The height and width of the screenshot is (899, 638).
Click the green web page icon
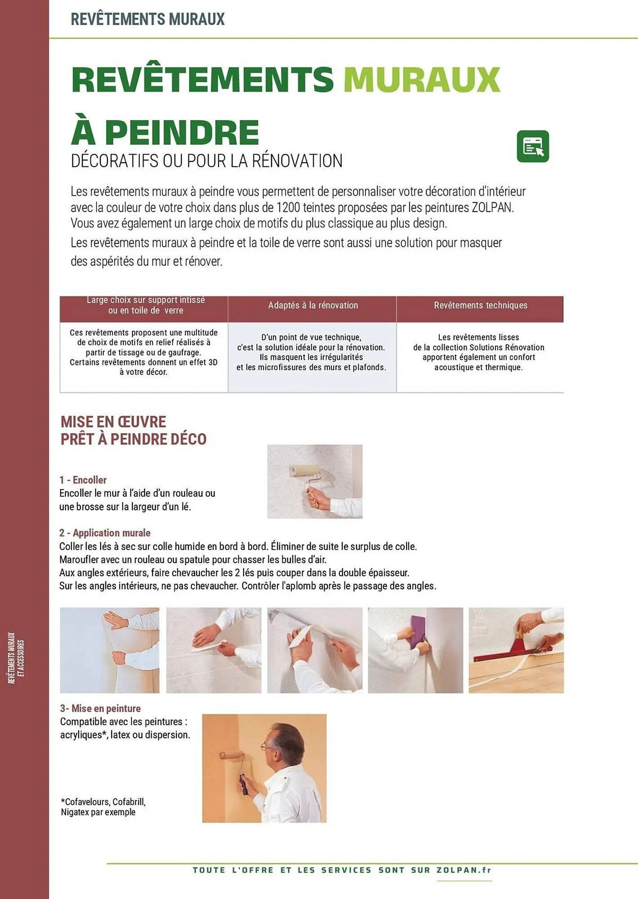point(533,146)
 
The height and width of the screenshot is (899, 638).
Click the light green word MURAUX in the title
point(422,80)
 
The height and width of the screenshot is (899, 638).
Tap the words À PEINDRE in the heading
point(165,132)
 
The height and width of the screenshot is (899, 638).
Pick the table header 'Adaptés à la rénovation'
point(313,306)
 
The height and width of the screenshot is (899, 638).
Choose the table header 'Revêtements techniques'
point(480,306)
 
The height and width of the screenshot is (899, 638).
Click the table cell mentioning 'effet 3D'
point(143,352)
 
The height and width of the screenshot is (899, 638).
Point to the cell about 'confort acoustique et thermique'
point(478,352)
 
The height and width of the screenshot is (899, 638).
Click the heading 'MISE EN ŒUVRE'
point(113,422)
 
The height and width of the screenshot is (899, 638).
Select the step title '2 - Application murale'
point(105,533)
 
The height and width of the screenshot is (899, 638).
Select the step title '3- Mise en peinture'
point(100,708)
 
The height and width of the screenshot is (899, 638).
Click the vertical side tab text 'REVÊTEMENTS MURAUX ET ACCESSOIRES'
point(16,658)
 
